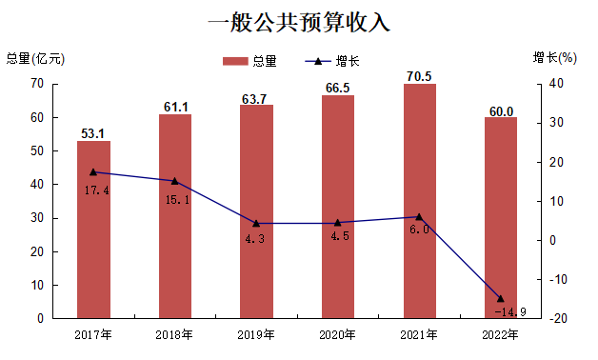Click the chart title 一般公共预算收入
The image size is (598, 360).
coord(299,22)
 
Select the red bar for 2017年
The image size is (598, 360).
coord(93,230)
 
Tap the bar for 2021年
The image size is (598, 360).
coord(420,201)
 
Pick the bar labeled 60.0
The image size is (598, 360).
coord(501,218)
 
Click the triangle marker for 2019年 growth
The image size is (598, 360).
coord(256,223)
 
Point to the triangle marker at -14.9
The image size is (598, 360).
coord(501,298)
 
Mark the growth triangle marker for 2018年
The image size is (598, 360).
coord(174,181)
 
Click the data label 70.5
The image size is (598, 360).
coord(419,76)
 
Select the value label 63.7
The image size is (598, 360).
coord(254,99)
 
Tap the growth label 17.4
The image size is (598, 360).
coord(96,190)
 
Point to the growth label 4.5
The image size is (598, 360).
coord(340,236)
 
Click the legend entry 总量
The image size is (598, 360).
coord(249,61)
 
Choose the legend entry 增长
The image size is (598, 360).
coord(332,61)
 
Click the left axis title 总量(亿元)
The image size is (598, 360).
coord(35,58)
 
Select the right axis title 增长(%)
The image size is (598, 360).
coord(555,57)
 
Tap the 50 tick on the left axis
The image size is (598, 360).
coord(37,151)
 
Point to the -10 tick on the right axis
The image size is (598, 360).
coord(558,280)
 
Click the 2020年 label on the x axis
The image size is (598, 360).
coord(337,335)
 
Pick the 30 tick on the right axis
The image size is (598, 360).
coord(556,123)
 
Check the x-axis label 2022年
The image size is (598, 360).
coord(500,335)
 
